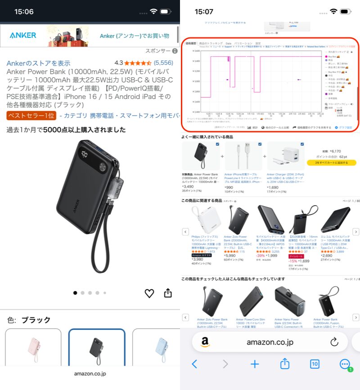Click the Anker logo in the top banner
click(23, 36)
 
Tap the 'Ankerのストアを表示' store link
click(38, 63)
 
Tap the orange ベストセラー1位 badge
click(31, 116)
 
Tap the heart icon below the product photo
click(149, 293)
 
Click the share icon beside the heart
click(168, 293)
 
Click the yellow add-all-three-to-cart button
click(331, 163)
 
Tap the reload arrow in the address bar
click(334, 342)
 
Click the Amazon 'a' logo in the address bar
click(205, 342)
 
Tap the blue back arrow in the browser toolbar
click(194, 364)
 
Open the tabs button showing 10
click(315, 364)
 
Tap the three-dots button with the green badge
click(345, 364)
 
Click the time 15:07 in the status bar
click(203, 12)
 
